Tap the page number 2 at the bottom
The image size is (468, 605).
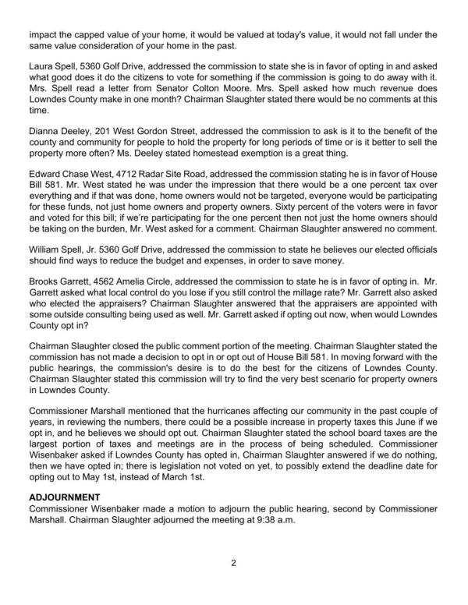click(233, 561)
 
